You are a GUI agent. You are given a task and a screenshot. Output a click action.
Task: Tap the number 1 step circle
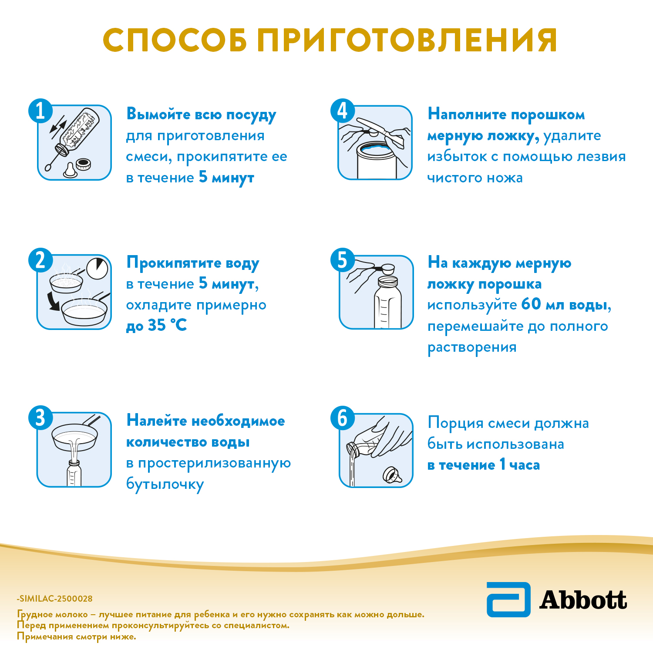[x=40, y=111]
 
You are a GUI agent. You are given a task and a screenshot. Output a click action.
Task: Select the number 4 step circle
[x=343, y=111]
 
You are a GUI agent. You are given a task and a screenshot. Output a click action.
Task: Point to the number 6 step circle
[x=343, y=418]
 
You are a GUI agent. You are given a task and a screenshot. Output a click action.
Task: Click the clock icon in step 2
[x=97, y=268]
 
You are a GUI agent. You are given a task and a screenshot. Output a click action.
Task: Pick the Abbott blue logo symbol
[x=508, y=599]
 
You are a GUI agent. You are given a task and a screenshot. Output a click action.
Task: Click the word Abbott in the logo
[x=583, y=600]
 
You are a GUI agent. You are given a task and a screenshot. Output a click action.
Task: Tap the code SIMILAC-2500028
[x=55, y=599]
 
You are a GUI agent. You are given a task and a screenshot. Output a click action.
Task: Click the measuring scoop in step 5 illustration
[x=387, y=269]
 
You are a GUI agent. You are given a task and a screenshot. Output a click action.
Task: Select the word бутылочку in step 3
[x=165, y=485]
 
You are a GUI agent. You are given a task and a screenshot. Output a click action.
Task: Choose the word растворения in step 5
[x=472, y=347]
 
